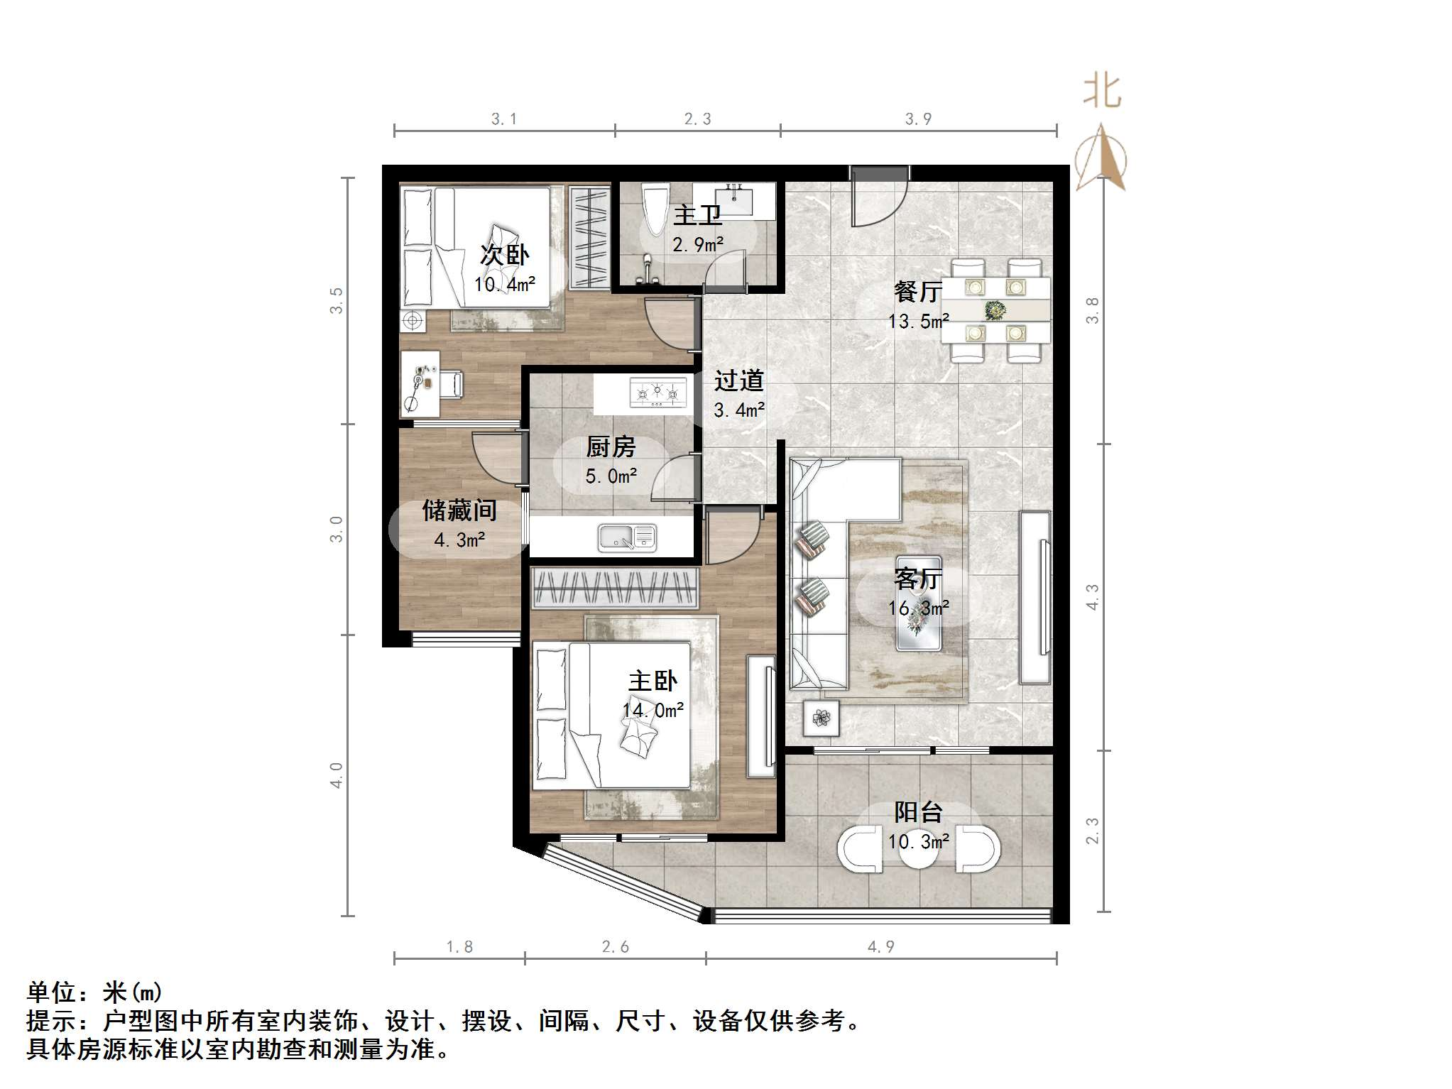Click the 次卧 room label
504,255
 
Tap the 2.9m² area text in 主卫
697,245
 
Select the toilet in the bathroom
655,209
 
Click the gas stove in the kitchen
658,393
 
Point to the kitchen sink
627,537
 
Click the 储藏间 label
459,510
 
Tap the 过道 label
738,381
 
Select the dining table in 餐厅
995,310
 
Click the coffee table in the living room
919,603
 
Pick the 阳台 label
918,811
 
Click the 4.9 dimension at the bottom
880,946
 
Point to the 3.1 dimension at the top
504,119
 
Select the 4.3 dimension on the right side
1092,596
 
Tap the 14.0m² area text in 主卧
653,710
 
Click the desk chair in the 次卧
451,384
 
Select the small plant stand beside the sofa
821,718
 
